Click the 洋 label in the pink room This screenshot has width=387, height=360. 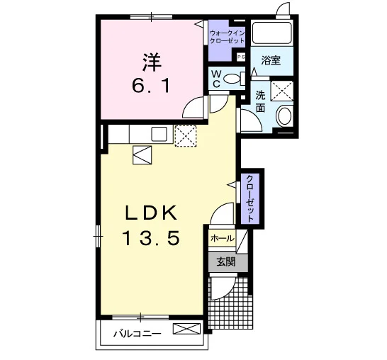tap(151, 62)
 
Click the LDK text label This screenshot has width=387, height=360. tap(151, 213)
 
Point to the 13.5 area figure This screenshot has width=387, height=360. tap(151, 238)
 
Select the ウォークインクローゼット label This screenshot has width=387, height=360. tap(227, 37)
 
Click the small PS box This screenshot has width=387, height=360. tap(241, 57)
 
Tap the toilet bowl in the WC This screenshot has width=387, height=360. tap(232, 79)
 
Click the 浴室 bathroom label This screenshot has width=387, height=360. tap(271, 60)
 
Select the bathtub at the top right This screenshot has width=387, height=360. tap(272, 33)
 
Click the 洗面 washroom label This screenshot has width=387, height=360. tap(260, 101)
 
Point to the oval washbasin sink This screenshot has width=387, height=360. tap(284, 116)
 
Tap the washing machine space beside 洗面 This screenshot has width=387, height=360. tap(282, 91)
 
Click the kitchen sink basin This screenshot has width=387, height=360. tap(159, 134)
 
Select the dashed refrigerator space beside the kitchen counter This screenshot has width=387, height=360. tap(186, 136)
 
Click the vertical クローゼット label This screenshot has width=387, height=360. tap(250, 198)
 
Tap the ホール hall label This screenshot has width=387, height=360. tap(222, 238)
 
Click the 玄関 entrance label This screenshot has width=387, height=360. tap(226, 262)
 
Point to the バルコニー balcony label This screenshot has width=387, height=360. tap(138, 334)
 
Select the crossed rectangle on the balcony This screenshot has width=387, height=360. tap(186, 329)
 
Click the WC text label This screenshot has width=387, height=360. tap(216, 79)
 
